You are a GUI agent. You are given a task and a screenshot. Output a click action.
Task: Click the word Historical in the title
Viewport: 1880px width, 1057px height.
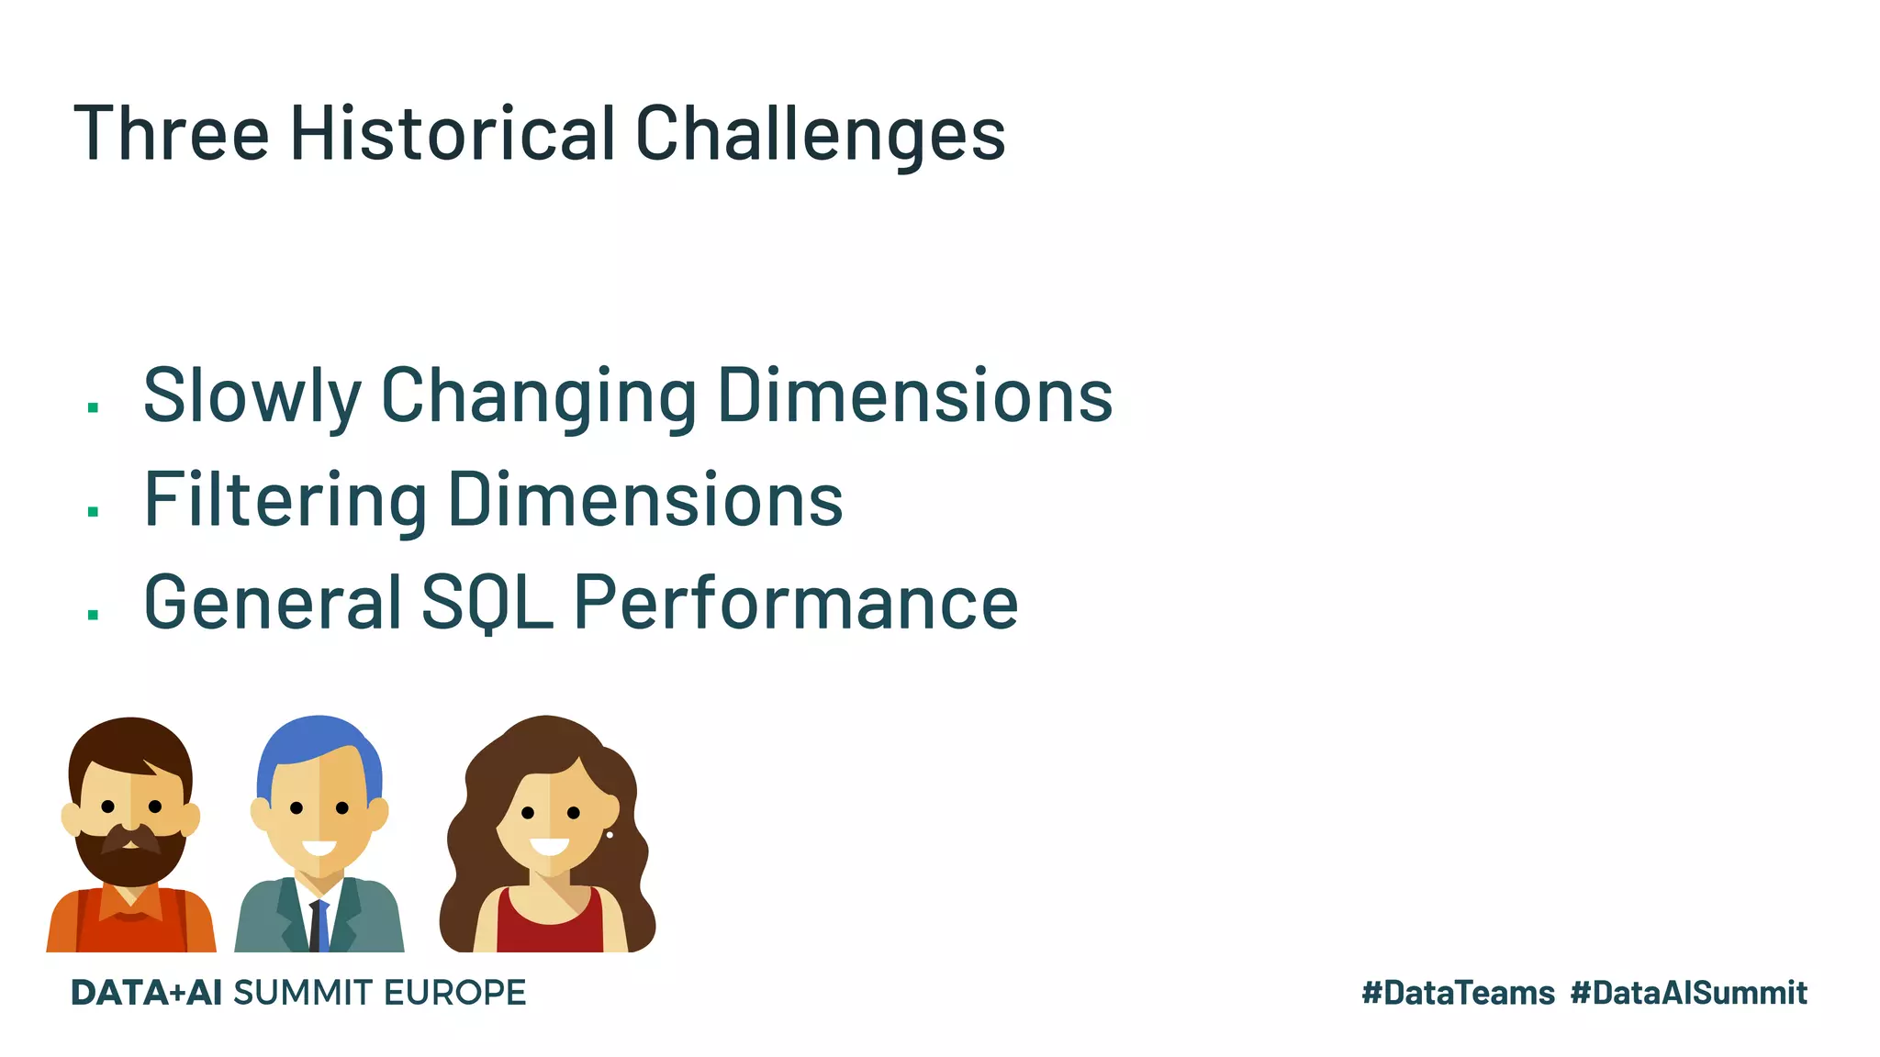tap(452, 134)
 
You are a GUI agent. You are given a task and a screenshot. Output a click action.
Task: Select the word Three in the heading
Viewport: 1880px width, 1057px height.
tap(171, 134)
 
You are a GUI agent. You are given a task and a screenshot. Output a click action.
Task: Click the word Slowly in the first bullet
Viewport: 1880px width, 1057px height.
tap(252, 396)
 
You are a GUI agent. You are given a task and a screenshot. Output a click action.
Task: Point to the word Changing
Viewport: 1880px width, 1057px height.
tap(539, 396)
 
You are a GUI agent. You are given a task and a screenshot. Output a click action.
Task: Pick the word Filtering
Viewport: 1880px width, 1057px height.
tap(285, 500)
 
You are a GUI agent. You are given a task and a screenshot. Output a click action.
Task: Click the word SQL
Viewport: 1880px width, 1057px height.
tap(487, 603)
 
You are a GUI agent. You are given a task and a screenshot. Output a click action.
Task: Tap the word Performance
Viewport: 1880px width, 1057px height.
tap(796, 603)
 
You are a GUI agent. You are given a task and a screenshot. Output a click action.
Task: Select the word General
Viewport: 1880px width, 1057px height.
tap(273, 603)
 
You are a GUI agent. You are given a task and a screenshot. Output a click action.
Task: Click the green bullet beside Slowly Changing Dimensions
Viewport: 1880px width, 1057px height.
tap(93, 407)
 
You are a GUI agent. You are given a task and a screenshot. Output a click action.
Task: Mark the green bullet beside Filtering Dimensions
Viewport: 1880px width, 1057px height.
tap(93, 511)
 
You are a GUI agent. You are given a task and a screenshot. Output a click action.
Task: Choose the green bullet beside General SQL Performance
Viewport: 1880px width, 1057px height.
tap(93, 615)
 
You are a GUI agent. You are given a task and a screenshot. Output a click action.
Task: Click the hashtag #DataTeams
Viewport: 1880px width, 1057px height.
tap(1458, 993)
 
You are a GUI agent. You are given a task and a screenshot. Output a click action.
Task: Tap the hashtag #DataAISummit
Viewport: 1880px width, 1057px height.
tap(1688, 993)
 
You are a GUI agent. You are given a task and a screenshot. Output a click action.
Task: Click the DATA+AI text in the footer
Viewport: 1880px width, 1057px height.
tap(146, 993)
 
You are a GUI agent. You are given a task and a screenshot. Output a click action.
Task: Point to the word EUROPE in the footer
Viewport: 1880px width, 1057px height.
tap(454, 993)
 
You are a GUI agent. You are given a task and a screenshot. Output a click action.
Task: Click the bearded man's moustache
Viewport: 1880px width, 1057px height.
tap(130, 838)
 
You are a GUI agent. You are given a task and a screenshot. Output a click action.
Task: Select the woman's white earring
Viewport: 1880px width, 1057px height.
tap(610, 835)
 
